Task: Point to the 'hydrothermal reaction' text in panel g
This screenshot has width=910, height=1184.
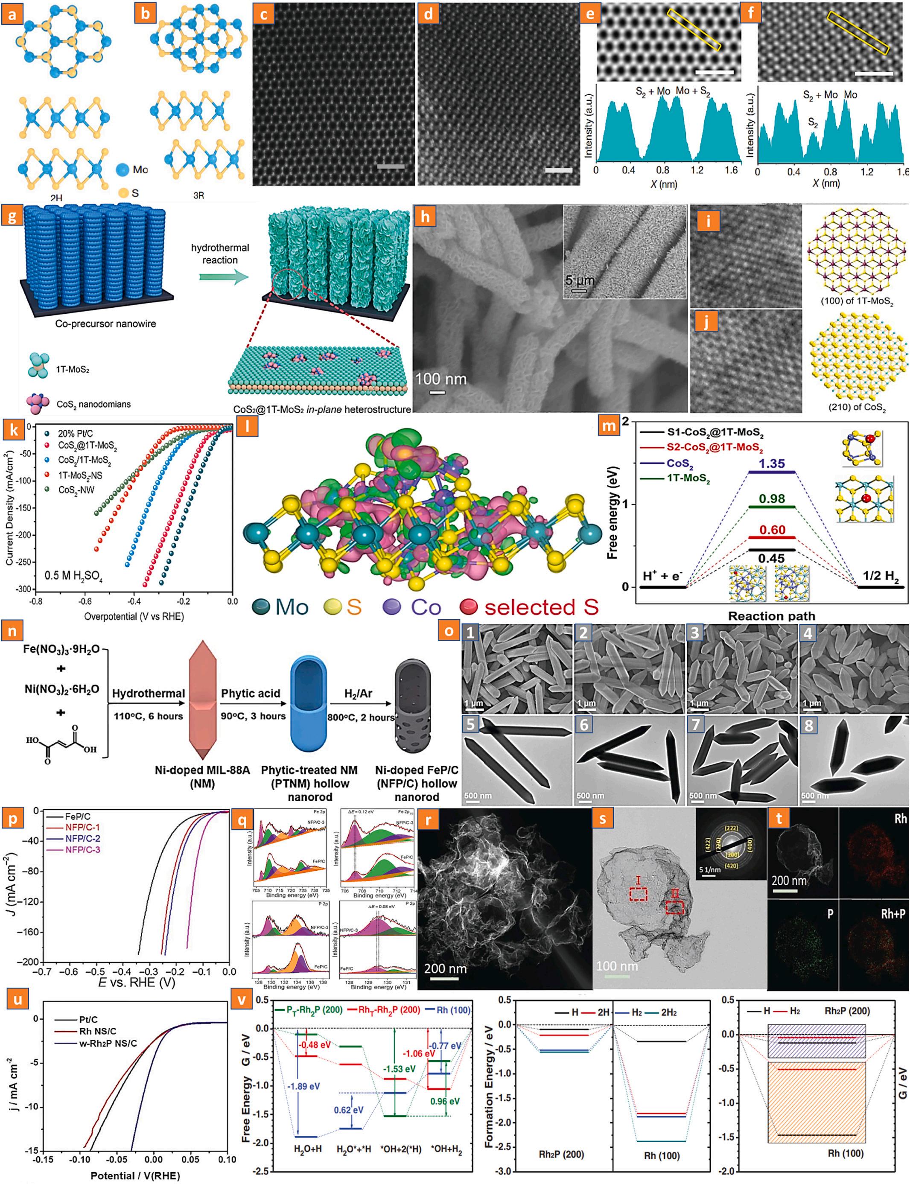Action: point(220,254)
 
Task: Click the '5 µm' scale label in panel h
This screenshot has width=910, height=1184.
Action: point(580,280)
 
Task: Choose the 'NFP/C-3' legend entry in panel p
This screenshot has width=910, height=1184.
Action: point(82,850)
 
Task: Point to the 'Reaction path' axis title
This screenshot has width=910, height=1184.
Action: point(771,616)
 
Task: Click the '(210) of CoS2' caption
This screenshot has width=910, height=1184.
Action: point(857,407)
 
